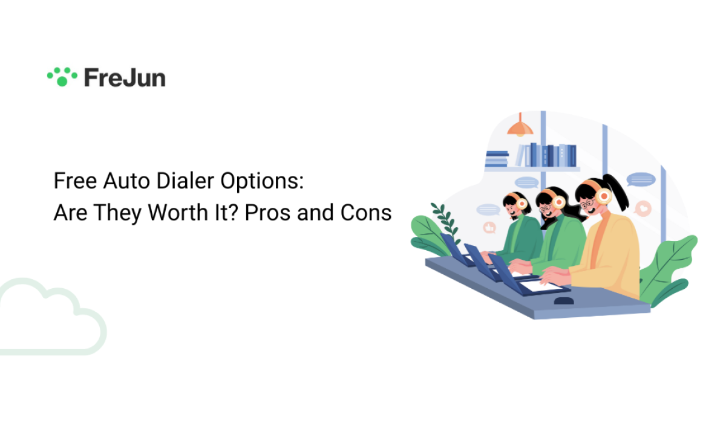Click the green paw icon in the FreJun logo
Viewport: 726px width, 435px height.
[62, 77]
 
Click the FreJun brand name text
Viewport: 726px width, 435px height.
[125, 78]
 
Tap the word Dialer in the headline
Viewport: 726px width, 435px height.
[185, 181]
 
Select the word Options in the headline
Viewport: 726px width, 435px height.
[262, 182]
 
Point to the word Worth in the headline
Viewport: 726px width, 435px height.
[178, 213]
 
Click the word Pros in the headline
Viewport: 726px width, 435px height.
[267, 213]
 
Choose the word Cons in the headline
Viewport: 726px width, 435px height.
[366, 213]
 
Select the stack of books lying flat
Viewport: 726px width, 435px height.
[497, 158]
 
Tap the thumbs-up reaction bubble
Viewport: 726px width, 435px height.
[489, 228]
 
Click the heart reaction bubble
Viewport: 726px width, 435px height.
[643, 208]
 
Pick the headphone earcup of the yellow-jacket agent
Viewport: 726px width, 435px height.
[604, 196]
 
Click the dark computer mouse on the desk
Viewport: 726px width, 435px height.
[564, 301]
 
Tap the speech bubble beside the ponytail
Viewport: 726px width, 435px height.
[641, 179]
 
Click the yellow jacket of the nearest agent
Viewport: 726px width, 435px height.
[606, 256]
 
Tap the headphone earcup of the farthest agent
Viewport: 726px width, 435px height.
[522, 203]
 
